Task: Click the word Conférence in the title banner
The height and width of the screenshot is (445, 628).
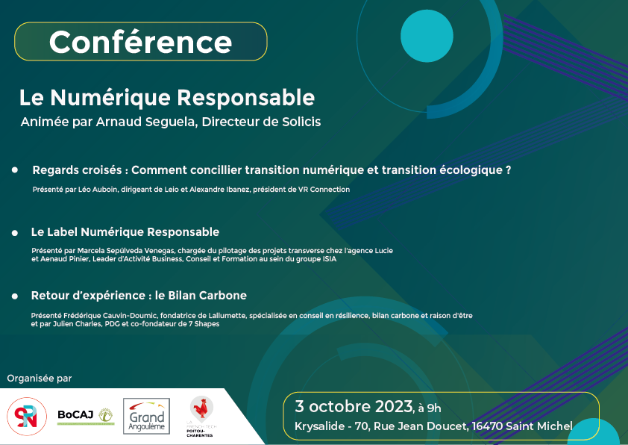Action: click(140, 42)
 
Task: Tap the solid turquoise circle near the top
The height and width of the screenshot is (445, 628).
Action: click(427, 36)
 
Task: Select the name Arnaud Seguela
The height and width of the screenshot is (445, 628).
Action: click(146, 122)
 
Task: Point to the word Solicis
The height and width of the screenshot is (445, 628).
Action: click(301, 122)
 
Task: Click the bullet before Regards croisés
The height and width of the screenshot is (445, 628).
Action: click(15, 170)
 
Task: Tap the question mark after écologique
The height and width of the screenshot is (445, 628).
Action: click(508, 170)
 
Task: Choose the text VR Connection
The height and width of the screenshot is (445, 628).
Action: click(324, 189)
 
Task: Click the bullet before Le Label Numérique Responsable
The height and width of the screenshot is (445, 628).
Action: click(15, 233)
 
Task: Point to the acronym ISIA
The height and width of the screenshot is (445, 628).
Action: click(330, 259)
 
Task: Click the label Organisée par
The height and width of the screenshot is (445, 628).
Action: click(40, 379)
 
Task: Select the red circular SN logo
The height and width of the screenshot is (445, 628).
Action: click(27, 417)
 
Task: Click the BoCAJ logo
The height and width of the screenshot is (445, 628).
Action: click(86, 416)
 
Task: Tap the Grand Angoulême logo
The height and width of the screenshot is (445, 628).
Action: click(147, 416)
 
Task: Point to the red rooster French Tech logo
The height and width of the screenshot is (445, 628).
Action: click(201, 416)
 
